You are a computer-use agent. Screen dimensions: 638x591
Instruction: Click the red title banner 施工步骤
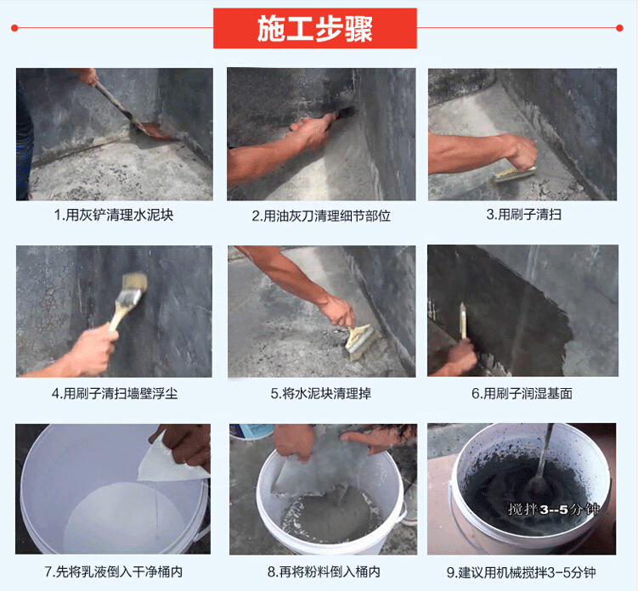(x=315, y=28)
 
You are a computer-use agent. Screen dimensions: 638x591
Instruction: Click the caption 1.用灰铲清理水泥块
(x=114, y=215)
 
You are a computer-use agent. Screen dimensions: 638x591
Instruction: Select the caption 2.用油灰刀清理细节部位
(x=321, y=216)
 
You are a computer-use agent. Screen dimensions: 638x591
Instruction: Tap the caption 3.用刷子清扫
(x=523, y=214)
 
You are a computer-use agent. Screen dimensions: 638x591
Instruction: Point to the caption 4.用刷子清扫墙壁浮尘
(x=115, y=393)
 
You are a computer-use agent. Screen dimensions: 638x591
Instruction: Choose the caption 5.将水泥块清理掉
(x=320, y=393)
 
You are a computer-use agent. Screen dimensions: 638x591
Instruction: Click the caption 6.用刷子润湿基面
(x=522, y=393)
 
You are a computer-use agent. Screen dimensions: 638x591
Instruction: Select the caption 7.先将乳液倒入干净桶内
(x=114, y=571)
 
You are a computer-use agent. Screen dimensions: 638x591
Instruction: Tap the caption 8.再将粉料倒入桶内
(x=324, y=571)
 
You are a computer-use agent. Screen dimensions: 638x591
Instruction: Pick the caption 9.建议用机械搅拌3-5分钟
(x=522, y=572)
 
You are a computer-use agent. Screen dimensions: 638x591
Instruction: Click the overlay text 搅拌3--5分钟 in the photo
(x=554, y=509)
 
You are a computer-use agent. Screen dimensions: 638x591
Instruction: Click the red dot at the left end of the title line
(x=14, y=28)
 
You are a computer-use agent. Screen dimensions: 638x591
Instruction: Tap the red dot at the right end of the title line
(x=619, y=28)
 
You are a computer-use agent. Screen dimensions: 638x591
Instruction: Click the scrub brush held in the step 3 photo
(x=515, y=174)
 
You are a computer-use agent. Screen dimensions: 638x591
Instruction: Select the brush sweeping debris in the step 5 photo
(x=359, y=341)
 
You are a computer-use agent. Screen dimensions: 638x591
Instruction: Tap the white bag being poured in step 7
(x=170, y=460)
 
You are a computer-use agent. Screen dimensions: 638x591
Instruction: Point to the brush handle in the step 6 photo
(x=463, y=321)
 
